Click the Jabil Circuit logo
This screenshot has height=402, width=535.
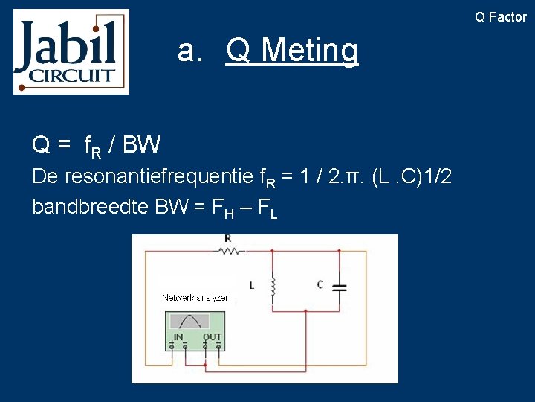tap(71, 51)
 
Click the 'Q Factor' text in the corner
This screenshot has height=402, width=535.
tap(501, 17)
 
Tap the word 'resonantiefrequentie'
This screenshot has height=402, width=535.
tap(159, 177)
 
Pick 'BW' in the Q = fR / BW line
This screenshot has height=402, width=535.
tap(141, 144)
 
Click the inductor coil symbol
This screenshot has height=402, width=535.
tap(273, 285)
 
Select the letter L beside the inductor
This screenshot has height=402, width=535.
tap(252, 285)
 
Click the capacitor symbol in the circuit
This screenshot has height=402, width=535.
tap(339, 287)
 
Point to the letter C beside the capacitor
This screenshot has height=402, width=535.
tap(320, 284)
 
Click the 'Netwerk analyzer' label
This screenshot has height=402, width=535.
tap(195, 298)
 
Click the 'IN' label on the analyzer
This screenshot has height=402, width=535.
tap(178, 337)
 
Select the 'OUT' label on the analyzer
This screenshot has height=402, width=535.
tap(213, 337)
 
